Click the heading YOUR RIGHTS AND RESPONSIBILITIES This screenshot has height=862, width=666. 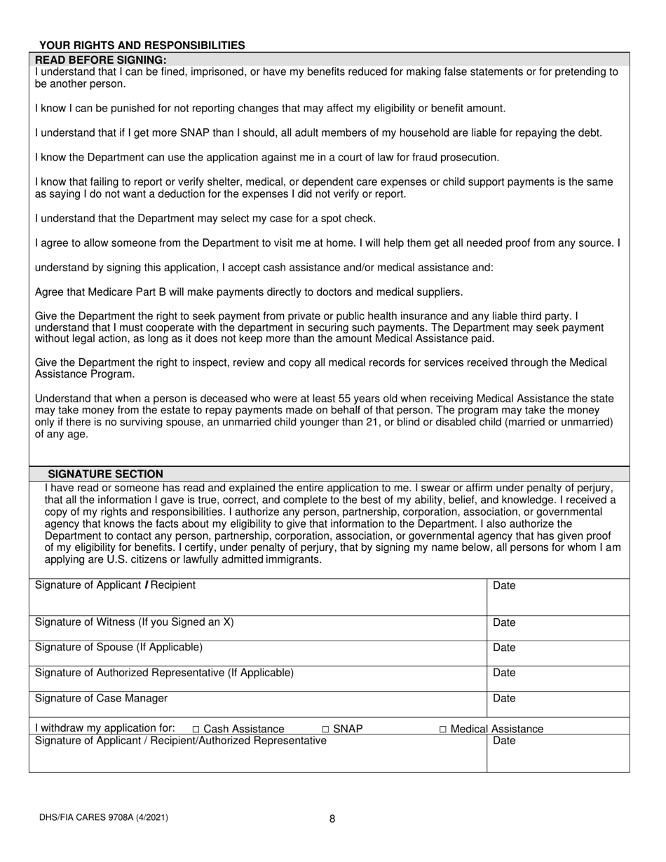tap(142, 46)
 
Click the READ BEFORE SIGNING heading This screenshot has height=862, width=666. tap(101, 60)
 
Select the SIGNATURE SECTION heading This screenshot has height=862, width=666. tap(105, 474)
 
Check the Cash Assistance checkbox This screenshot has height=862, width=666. tap(196, 730)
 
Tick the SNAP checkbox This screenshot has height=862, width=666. tap(325, 730)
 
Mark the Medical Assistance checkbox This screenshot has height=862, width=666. tap(443, 730)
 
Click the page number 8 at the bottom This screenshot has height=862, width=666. tap(332, 819)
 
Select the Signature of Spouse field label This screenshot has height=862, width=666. tap(118, 647)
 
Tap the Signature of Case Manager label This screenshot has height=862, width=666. tap(101, 698)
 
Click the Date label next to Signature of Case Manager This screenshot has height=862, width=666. tap(504, 698)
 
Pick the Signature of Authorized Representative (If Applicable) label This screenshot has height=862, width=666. tap(164, 673)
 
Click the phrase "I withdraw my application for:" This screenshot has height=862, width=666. tap(105, 728)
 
